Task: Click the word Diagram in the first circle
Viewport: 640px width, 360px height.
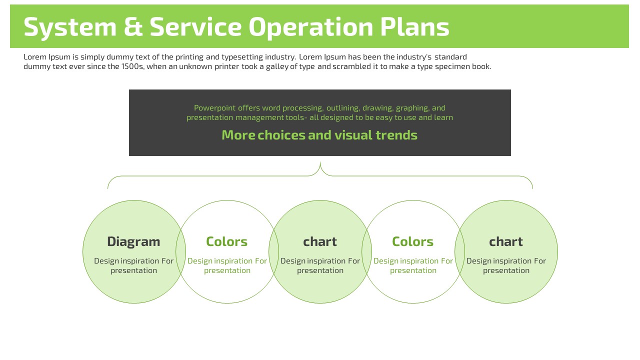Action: coord(133,242)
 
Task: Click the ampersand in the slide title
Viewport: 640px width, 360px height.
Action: coord(133,27)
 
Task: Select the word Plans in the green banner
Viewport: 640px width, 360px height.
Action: coord(414,26)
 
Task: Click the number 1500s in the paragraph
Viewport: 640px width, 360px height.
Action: coord(133,66)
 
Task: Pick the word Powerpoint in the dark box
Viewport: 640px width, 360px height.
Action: coord(215,108)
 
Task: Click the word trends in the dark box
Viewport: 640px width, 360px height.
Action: coord(396,135)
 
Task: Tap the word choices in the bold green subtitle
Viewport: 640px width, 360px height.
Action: coord(281,135)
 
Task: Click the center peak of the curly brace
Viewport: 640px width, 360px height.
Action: coord(320,162)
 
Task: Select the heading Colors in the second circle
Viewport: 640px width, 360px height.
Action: coord(227,241)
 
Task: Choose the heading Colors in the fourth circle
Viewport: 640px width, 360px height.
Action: coord(413,241)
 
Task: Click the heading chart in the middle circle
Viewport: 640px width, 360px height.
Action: coord(320,241)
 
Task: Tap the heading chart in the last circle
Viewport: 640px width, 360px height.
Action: coord(506,241)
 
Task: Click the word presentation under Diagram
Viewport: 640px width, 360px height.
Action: coord(133,270)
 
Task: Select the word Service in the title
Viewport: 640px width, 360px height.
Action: coord(195,27)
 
